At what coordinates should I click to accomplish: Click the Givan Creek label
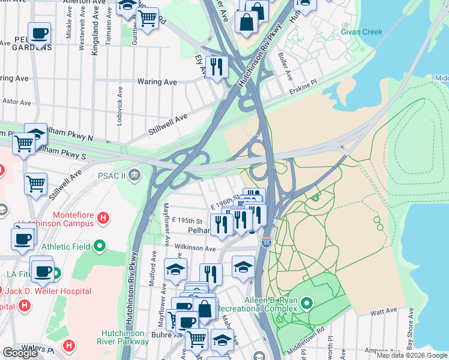tap(361, 32)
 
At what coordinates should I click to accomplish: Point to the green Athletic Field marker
tap(100, 245)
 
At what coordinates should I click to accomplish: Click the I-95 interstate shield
tap(267, 242)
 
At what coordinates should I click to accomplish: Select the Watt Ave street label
tap(384, 311)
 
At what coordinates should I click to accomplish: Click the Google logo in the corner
tap(20, 353)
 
